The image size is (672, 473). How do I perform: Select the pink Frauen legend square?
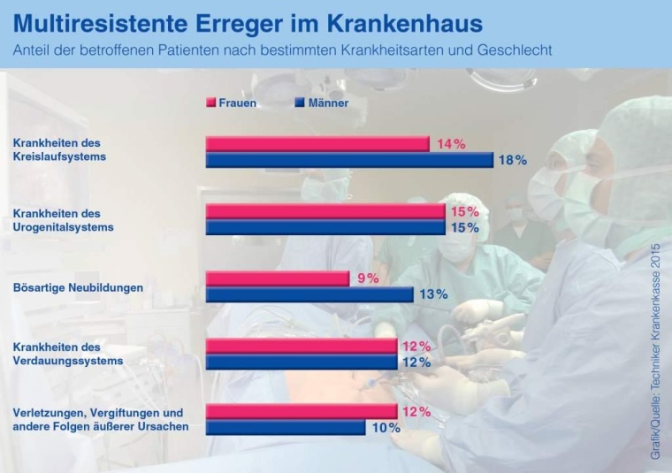coord(210,103)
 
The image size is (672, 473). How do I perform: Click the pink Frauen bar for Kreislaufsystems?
coord(317,144)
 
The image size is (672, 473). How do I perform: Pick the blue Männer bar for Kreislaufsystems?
coord(348,160)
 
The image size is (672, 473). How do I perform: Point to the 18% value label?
coord(513,160)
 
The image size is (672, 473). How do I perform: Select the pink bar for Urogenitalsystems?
coord(325,212)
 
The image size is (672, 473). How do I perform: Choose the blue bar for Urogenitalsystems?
coord(325,227)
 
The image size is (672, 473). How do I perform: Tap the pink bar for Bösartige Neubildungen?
coord(277,278)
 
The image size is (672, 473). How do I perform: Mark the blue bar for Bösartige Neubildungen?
coord(309,294)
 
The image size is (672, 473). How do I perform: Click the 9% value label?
coord(367,278)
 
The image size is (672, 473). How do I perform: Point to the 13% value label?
coord(433,294)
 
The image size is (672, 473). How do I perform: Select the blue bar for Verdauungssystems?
coord(301,362)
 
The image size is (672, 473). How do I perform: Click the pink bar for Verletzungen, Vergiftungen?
coord(301,412)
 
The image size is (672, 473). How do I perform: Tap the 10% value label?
coord(386,428)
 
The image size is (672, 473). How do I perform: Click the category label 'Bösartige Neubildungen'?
coord(78,287)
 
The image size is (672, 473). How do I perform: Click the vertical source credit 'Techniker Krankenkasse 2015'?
coord(655,349)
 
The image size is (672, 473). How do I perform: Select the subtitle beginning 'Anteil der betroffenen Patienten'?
coord(282,50)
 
